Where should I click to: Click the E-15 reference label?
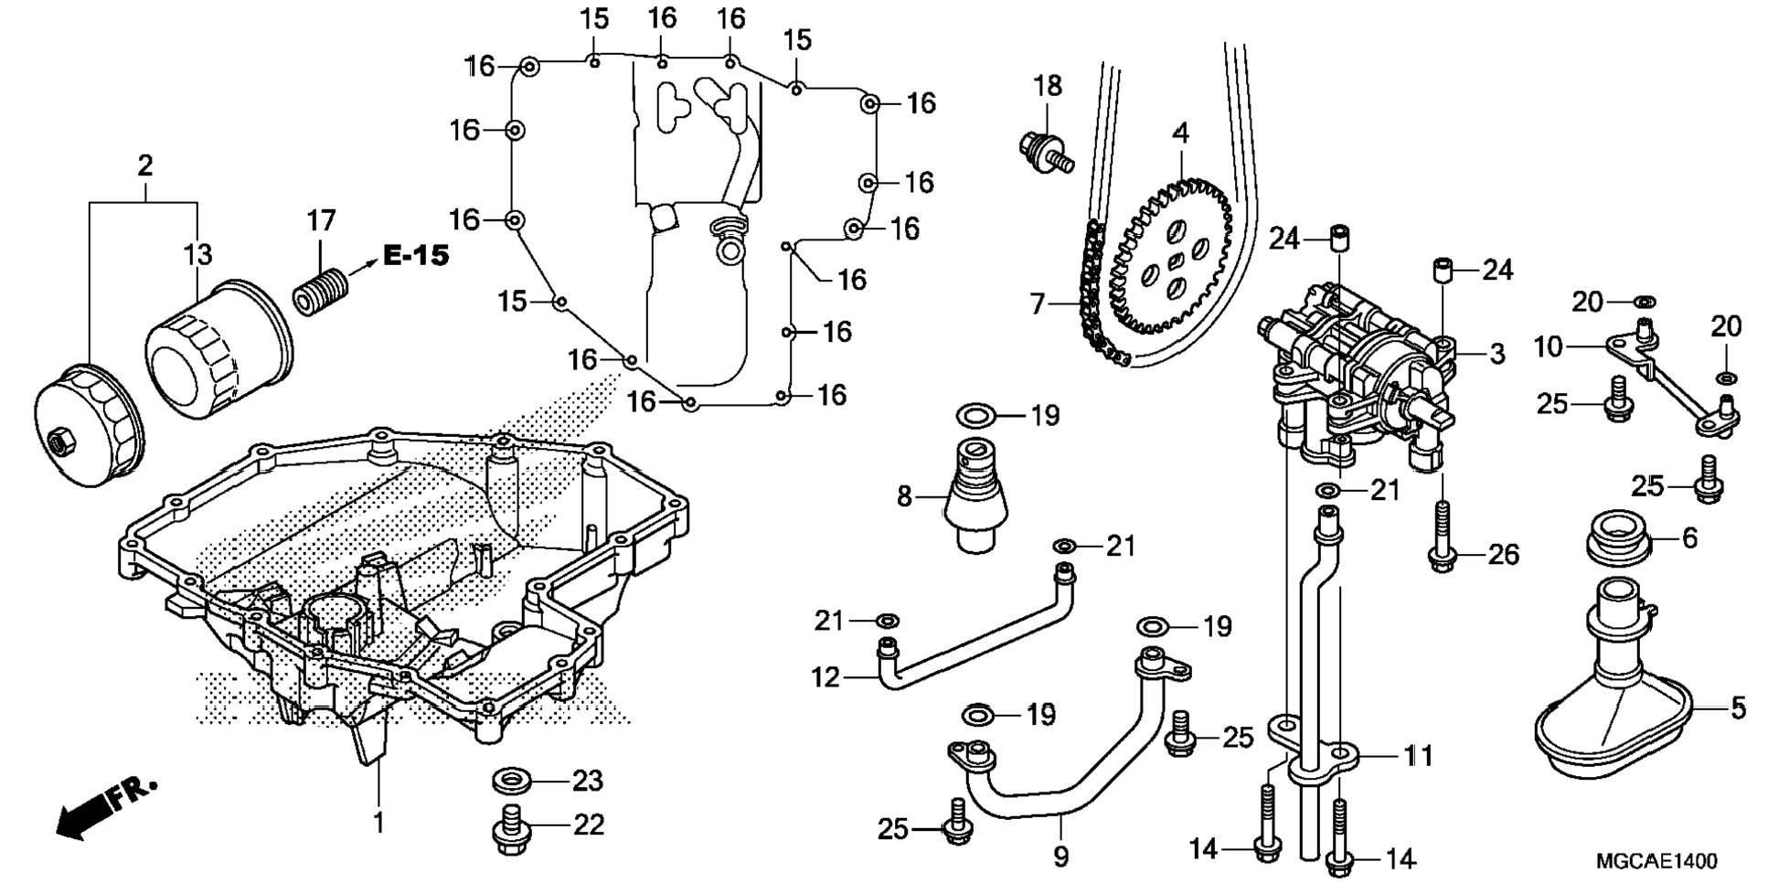[416, 255]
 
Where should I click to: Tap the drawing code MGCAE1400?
[1656, 861]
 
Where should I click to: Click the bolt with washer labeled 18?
[1045, 151]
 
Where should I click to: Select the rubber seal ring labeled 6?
[1619, 537]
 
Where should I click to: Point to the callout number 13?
[197, 254]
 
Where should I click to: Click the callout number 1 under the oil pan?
[378, 822]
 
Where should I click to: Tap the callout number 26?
[1503, 555]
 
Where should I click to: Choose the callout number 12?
[825, 677]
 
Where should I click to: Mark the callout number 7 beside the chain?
[1038, 303]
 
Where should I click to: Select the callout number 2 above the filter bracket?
[144, 166]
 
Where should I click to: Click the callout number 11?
[1418, 756]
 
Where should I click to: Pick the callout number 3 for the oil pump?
[1497, 354]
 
